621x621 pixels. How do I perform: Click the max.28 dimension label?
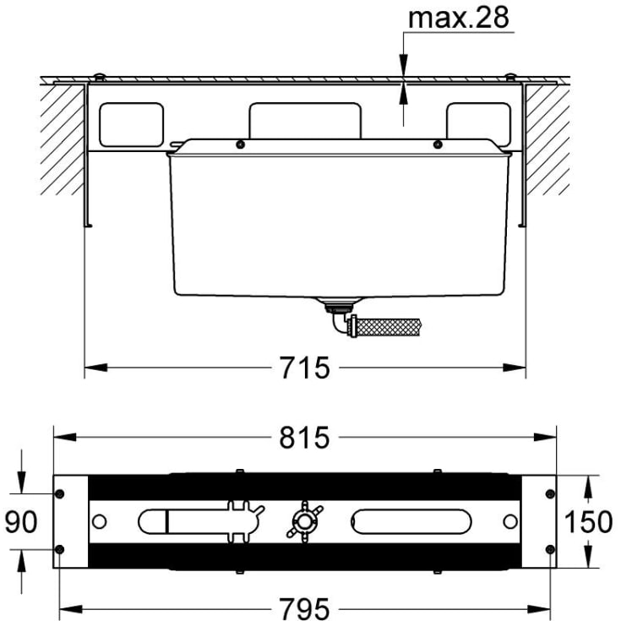click(458, 18)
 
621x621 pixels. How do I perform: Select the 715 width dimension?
click(304, 368)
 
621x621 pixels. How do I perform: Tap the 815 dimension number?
click(304, 438)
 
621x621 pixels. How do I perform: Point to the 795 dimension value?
click(304, 608)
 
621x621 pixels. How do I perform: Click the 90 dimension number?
click(21, 521)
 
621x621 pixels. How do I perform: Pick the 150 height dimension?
click(588, 521)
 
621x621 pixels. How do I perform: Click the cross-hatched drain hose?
click(384, 327)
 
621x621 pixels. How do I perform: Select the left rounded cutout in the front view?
click(131, 125)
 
